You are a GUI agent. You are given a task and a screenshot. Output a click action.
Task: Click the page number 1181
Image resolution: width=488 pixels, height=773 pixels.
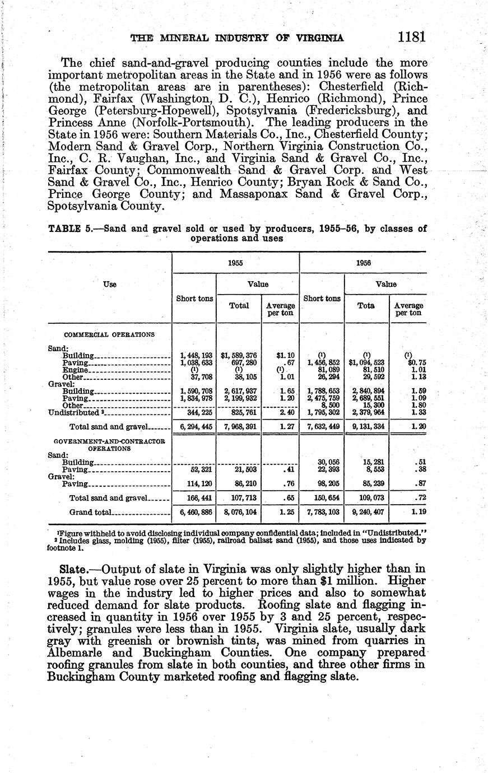[x=412, y=37]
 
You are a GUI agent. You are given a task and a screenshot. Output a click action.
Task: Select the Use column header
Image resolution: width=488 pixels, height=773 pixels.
[x=110, y=285]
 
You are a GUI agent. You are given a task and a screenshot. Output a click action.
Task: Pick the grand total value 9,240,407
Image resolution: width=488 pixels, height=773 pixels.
[x=366, y=512]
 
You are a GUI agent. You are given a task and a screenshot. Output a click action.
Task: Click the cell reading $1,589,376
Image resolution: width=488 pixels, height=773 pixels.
[x=239, y=355]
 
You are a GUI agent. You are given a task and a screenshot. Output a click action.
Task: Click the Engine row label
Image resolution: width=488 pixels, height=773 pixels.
[x=76, y=370]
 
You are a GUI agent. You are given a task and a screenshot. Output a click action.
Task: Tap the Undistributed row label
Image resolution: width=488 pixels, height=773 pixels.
[x=73, y=413]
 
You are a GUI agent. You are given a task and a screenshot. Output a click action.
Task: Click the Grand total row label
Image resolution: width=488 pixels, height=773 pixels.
[x=91, y=512]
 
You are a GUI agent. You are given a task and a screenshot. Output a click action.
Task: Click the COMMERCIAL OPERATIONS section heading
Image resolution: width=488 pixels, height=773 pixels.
[x=110, y=334]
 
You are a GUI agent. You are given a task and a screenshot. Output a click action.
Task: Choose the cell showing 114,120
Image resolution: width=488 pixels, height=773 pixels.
[x=193, y=483]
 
